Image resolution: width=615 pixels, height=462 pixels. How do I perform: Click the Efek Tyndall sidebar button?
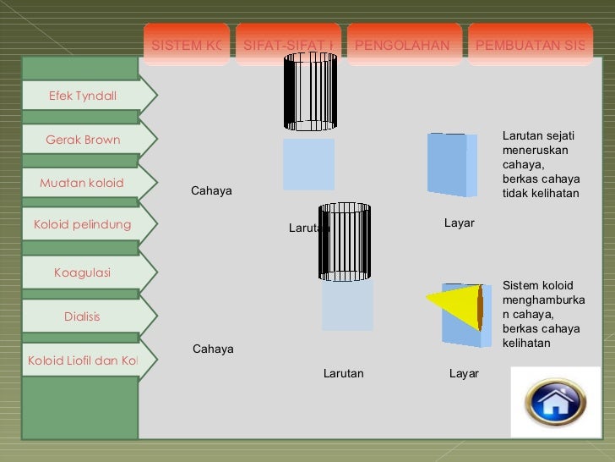click(x=82, y=96)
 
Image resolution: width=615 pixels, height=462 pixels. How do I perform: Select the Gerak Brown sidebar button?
click(x=83, y=140)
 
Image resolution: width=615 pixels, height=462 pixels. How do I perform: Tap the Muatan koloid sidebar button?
click(x=82, y=183)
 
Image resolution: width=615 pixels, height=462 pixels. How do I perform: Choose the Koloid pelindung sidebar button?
click(x=82, y=224)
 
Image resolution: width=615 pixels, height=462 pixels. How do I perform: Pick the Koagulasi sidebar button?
click(x=82, y=272)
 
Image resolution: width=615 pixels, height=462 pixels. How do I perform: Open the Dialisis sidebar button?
click(x=82, y=316)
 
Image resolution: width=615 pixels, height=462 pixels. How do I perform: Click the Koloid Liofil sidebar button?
click(x=82, y=360)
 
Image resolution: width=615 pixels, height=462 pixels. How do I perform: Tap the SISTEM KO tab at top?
click(x=185, y=45)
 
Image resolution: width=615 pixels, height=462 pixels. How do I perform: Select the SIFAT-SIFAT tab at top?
click(x=287, y=45)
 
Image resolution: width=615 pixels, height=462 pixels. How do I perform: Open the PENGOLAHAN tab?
click(x=402, y=45)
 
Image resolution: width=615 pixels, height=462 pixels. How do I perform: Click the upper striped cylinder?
click(x=310, y=91)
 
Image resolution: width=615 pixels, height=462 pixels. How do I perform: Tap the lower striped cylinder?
click(x=345, y=241)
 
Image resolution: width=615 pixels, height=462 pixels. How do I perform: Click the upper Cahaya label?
click(x=211, y=191)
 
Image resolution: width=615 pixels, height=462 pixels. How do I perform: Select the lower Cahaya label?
click(x=213, y=349)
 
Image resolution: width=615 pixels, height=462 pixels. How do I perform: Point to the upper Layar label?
click(x=460, y=223)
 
